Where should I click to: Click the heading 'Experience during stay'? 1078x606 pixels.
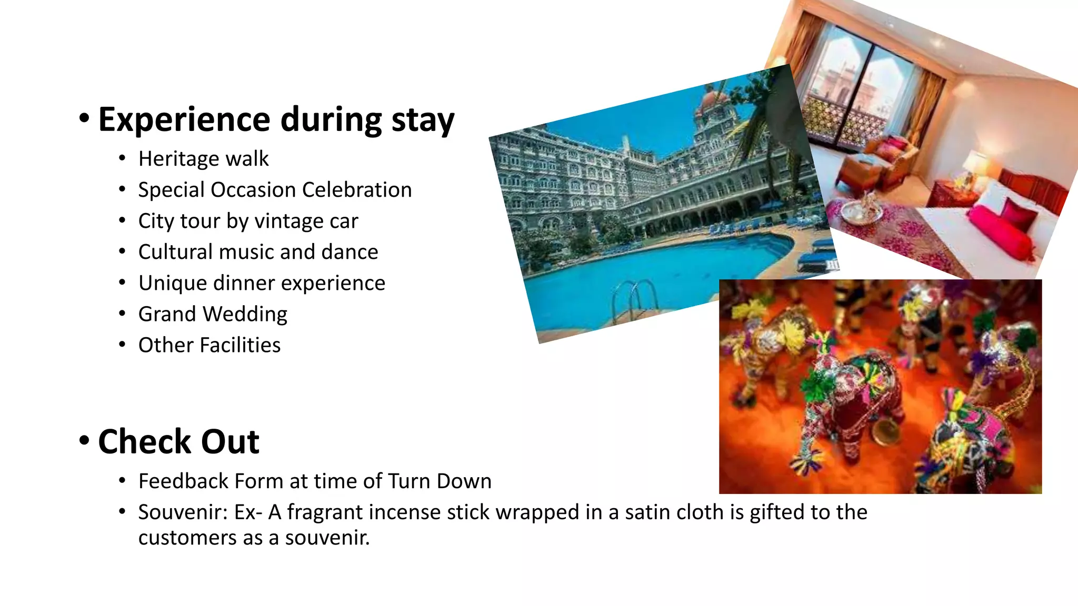point(276,120)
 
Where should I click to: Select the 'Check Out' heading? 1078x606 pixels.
point(178,441)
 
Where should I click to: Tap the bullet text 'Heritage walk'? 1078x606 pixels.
point(203,159)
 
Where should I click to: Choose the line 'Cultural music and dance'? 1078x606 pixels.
point(258,252)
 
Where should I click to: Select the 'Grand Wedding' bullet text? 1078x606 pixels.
point(213,314)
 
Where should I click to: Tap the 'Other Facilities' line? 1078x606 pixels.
point(209,345)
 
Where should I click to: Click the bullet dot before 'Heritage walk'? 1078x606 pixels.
point(122,158)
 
